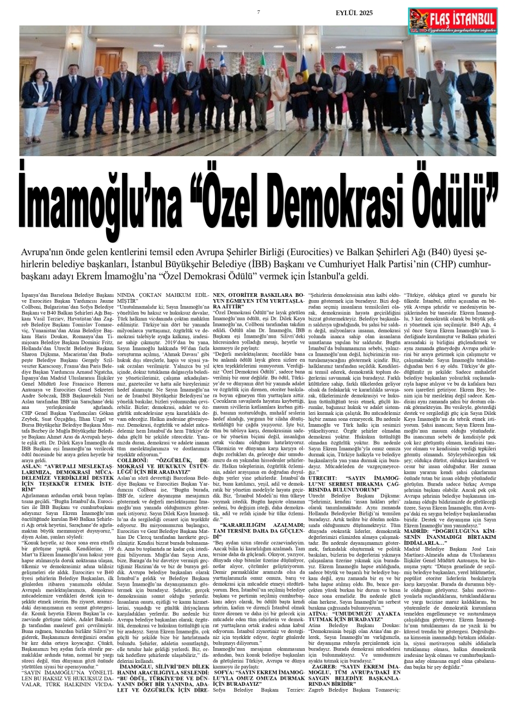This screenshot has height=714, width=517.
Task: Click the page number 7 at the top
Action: point(258,13)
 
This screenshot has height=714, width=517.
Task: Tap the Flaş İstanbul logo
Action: point(453,21)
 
